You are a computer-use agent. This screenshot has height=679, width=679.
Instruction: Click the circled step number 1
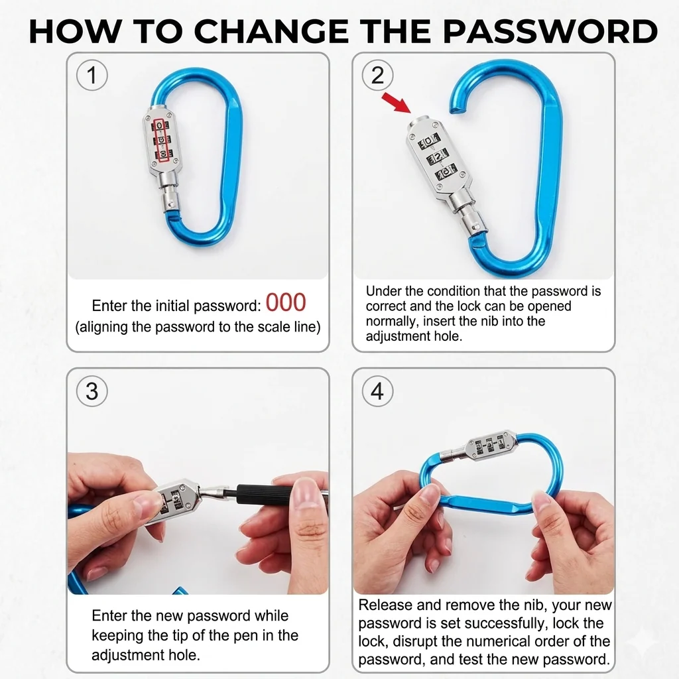click(92, 76)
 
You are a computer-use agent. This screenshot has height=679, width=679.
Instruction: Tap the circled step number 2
click(377, 76)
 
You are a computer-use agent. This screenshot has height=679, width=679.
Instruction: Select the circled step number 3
click(92, 391)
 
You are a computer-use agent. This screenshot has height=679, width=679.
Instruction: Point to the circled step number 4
click(377, 391)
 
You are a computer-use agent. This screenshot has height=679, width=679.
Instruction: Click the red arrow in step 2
click(396, 103)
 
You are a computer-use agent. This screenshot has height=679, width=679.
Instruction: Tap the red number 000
click(286, 302)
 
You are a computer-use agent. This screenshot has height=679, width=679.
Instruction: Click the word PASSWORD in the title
click(550, 31)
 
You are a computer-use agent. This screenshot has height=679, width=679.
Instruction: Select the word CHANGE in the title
click(271, 31)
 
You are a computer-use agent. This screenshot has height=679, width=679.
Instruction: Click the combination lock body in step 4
click(489, 446)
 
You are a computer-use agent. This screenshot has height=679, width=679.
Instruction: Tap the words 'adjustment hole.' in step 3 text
click(146, 654)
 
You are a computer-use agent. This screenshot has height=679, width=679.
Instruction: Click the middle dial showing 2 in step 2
click(438, 156)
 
